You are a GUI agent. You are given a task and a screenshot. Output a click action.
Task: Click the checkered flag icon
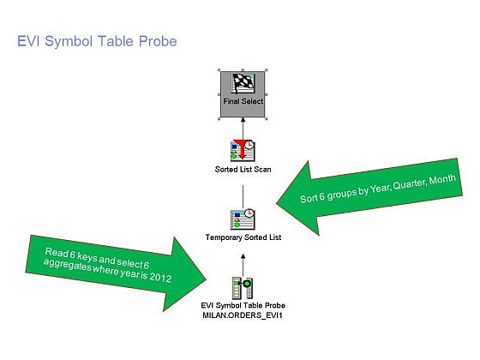(243, 83)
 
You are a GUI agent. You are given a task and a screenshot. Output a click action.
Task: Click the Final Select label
(243, 101)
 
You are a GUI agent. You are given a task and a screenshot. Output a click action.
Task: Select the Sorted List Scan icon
(243, 150)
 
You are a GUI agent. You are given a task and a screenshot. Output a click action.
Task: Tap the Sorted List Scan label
(243, 170)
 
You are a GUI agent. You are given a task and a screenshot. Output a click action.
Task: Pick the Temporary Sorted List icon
(243, 219)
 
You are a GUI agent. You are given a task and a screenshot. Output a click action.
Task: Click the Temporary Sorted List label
(243, 237)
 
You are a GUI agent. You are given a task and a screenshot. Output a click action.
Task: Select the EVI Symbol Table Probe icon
(243, 288)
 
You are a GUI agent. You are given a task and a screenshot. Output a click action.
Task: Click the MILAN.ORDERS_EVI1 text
(243, 315)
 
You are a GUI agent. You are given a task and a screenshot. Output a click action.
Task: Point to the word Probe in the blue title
(158, 41)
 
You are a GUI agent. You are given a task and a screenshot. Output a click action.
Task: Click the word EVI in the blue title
(28, 41)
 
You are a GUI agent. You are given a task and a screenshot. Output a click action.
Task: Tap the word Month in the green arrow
(442, 180)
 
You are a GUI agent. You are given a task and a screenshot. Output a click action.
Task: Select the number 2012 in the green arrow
(160, 278)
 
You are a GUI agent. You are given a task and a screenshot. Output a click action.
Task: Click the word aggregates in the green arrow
(68, 265)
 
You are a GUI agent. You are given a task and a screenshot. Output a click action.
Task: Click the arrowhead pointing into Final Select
(243, 120)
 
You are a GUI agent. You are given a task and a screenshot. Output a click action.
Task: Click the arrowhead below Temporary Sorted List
(243, 256)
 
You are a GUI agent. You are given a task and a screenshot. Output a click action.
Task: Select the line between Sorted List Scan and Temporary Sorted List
(243, 196)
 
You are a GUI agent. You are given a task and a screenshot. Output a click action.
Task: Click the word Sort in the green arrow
(308, 199)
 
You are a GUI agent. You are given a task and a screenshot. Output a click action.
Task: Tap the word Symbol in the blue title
(69, 42)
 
